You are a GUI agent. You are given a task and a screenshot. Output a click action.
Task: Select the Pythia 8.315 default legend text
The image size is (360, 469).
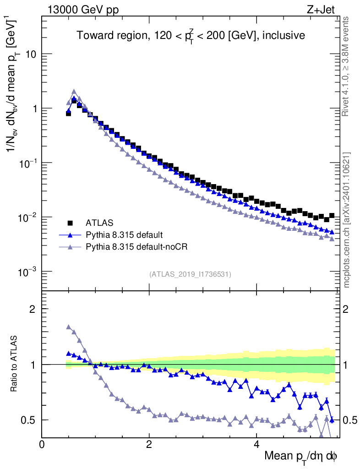[x=124, y=235]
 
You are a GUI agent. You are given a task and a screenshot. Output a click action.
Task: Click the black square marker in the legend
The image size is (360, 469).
[x=71, y=223]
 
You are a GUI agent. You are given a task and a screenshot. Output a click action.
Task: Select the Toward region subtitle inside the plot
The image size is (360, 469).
[x=191, y=35]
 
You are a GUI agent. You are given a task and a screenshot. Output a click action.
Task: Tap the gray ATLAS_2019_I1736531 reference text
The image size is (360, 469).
[x=190, y=274]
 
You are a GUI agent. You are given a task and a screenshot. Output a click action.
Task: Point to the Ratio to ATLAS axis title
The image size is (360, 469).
[x=15, y=365]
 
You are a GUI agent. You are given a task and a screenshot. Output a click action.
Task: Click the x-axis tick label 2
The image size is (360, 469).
[x=149, y=444]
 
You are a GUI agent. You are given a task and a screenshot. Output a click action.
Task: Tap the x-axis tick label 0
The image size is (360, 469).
[x=42, y=444]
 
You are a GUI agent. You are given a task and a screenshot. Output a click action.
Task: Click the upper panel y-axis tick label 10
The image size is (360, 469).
[x=30, y=55]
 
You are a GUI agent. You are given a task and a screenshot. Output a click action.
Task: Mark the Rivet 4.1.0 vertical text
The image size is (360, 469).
[x=347, y=66]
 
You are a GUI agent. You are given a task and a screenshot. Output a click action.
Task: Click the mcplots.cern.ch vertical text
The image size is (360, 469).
[x=347, y=220]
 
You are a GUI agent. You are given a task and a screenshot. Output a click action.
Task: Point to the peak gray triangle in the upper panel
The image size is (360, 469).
[x=74, y=92]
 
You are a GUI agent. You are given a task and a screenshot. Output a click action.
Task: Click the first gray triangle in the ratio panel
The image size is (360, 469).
[x=69, y=327]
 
